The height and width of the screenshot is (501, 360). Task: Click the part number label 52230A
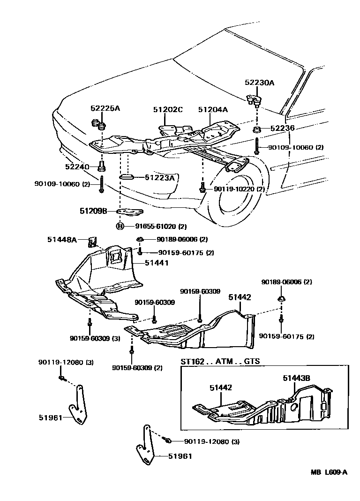pos(259,83)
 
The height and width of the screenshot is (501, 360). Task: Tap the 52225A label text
pos(105,108)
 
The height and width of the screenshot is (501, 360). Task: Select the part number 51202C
pos(167,110)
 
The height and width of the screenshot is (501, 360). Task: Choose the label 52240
pos(78,167)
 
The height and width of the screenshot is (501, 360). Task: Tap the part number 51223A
pos(159,177)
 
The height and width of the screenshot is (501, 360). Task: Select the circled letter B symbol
pos(120,226)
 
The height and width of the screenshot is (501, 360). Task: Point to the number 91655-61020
pos(155,226)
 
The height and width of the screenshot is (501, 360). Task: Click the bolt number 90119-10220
pos(236,189)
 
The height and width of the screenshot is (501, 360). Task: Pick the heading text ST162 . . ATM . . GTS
pos(220,362)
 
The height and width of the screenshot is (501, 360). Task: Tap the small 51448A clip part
pos(92,242)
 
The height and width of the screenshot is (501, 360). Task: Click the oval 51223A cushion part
pos(127,177)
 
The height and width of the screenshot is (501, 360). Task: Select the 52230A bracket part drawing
pos(254,99)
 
